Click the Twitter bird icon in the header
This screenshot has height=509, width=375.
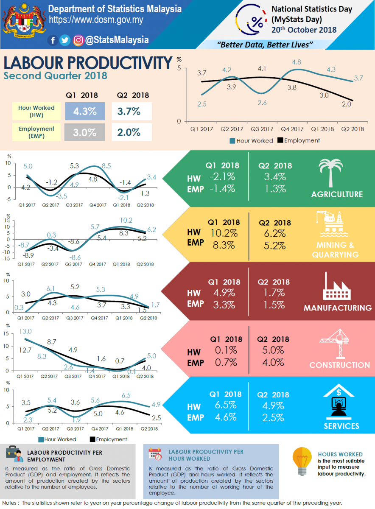click(x=65, y=40)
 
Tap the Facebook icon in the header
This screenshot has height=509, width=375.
click(x=53, y=40)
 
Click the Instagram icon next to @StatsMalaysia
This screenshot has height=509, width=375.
click(x=78, y=40)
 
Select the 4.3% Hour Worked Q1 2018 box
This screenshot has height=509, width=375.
click(x=85, y=112)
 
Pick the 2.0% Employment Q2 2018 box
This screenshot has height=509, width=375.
click(x=132, y=132)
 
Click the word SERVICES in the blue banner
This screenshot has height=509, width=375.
click(x=341, y=426)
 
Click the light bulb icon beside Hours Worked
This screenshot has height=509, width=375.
click(x=302, y=461)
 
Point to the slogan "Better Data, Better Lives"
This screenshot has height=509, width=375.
click(x=265, y=45)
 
